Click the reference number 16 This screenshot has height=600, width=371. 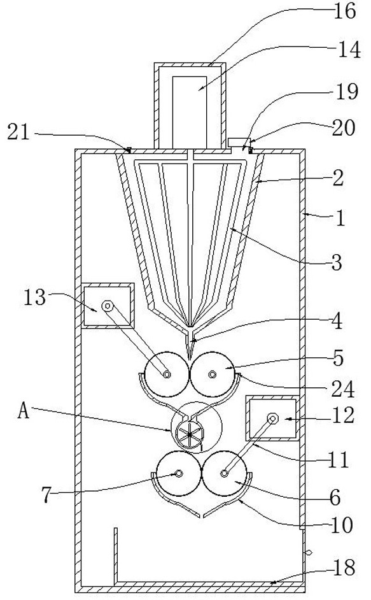coord(346,11)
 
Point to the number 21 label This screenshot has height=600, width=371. coord(18,132)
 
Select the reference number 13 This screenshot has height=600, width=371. coord(34,297)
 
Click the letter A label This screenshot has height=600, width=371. coord(24,411)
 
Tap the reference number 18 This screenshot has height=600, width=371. coord(345,568)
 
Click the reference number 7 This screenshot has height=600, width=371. coord(46,495)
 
